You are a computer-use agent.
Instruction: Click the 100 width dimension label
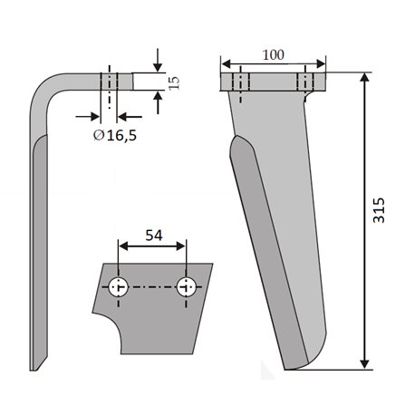(x=273, y=55)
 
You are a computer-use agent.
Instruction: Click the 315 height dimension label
(x=379, y=210)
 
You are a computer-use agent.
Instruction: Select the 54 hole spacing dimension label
(x=154, y=236)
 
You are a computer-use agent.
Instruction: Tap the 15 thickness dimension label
(x=174, y=82)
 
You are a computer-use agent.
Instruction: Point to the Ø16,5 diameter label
(x=115, y=136)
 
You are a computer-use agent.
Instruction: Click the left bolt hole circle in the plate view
(x=119, y=287)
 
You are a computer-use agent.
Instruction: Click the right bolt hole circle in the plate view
(x=186, y=287)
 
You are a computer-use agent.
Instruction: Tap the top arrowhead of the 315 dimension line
(x=365, y=78)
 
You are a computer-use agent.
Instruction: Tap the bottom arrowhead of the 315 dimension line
(x=365, y=363)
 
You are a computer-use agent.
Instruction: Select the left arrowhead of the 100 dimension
(x=226, y=63)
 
